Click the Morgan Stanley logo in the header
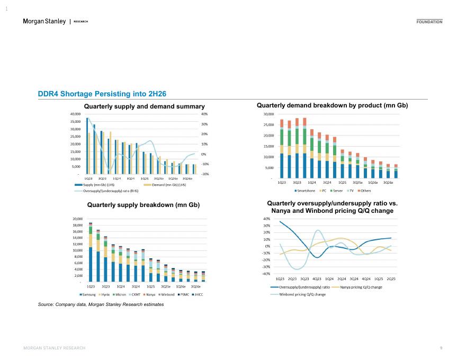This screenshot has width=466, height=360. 44,21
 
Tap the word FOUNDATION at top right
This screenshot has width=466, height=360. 429,22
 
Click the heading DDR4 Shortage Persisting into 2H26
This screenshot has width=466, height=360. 102,94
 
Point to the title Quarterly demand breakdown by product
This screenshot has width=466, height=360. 333,106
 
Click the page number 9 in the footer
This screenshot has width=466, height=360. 441,348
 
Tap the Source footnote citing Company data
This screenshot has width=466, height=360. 101,304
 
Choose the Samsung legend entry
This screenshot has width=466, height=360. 88,294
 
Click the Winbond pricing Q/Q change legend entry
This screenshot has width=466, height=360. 302,294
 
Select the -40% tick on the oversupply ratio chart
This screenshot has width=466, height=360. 266,274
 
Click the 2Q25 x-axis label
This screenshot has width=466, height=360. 391,278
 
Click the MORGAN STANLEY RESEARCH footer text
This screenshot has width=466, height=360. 55,348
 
